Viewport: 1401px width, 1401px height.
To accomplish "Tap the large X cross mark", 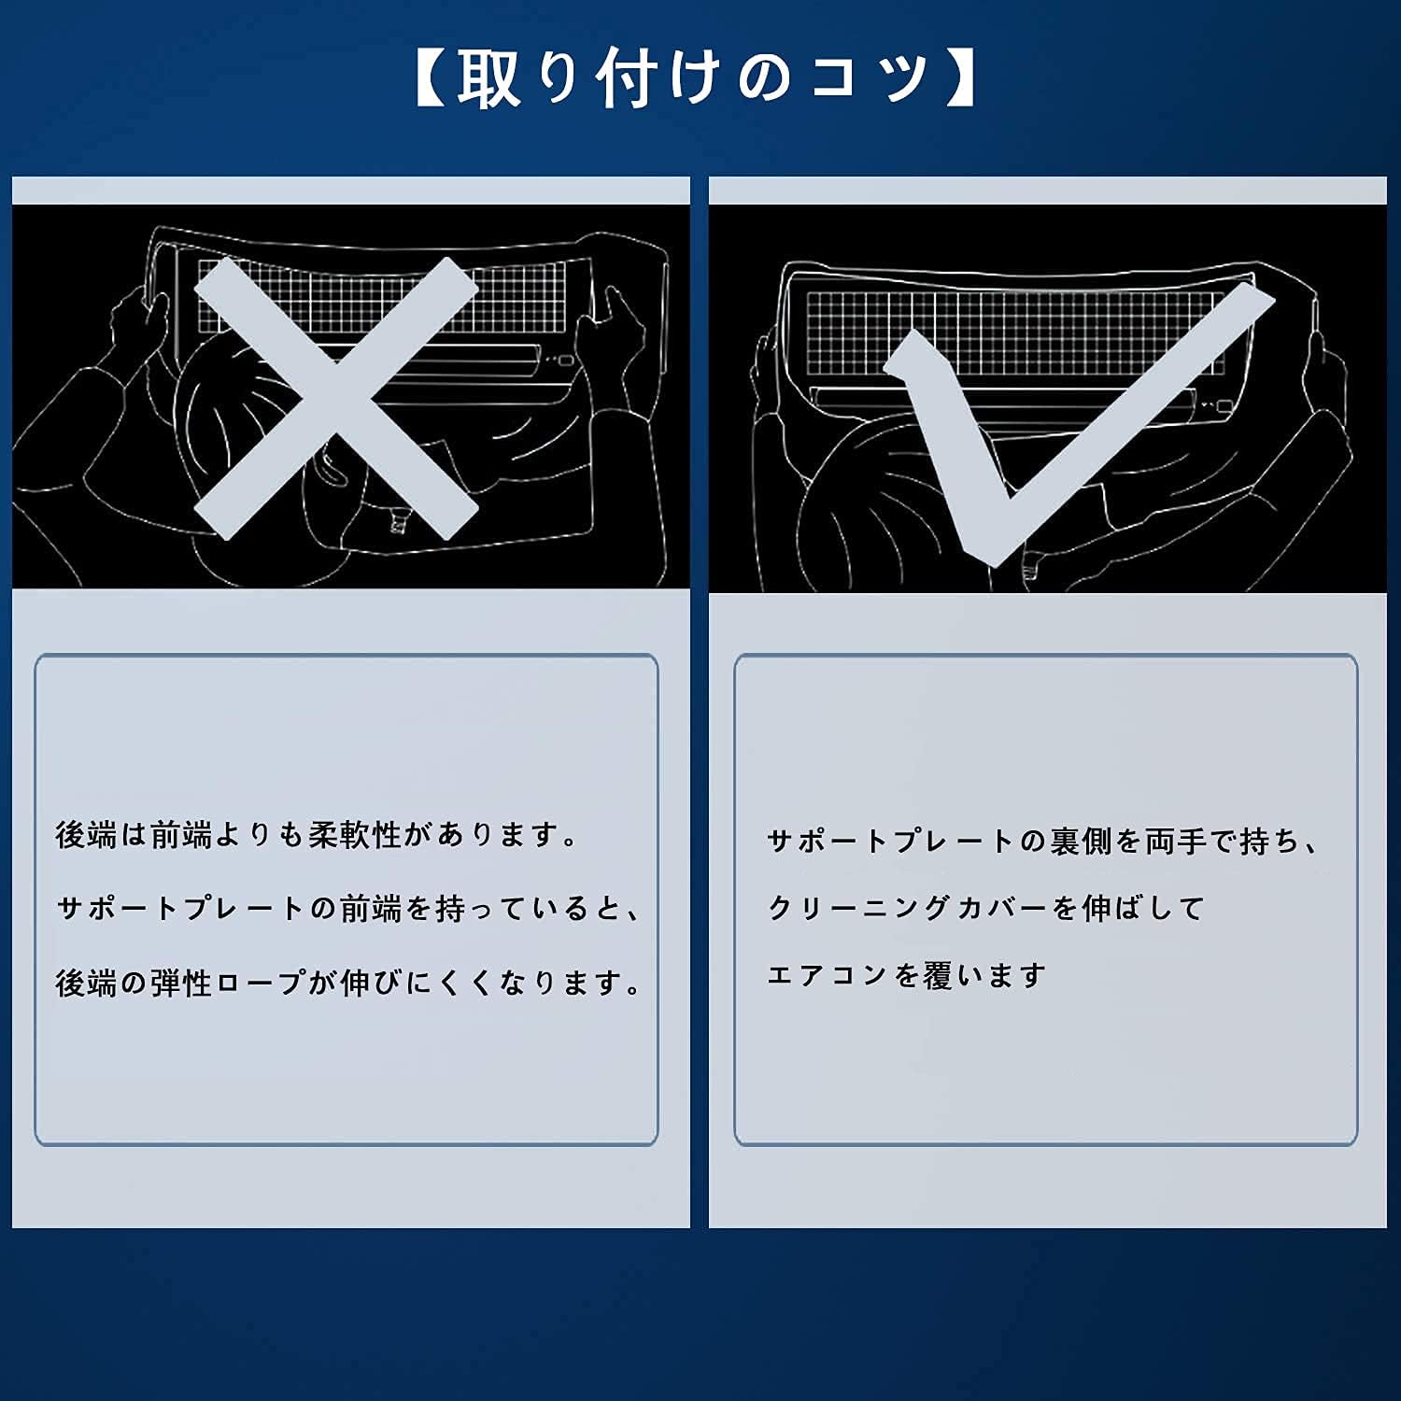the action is [x=336, y=398].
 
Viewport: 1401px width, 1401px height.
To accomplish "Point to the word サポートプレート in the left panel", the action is [x=182, y=908].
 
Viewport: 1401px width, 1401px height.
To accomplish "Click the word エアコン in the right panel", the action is [x=828, y=975].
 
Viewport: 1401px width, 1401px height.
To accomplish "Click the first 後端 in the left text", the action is [x=86, y=834].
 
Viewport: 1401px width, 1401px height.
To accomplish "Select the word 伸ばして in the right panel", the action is [x=1143, y=908].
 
